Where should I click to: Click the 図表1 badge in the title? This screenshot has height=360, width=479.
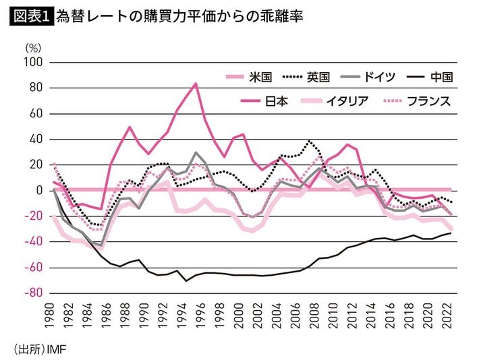click(32, 15)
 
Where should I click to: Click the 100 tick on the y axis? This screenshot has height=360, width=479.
click(33, 62)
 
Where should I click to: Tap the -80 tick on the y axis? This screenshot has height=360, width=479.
click(33, 293)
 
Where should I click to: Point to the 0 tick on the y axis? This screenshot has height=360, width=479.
click(39, 191)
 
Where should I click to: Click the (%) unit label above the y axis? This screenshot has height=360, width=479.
click(33, 48)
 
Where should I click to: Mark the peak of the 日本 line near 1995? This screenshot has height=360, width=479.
click(196, 84)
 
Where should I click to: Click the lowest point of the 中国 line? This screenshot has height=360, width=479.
click(186, 280)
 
